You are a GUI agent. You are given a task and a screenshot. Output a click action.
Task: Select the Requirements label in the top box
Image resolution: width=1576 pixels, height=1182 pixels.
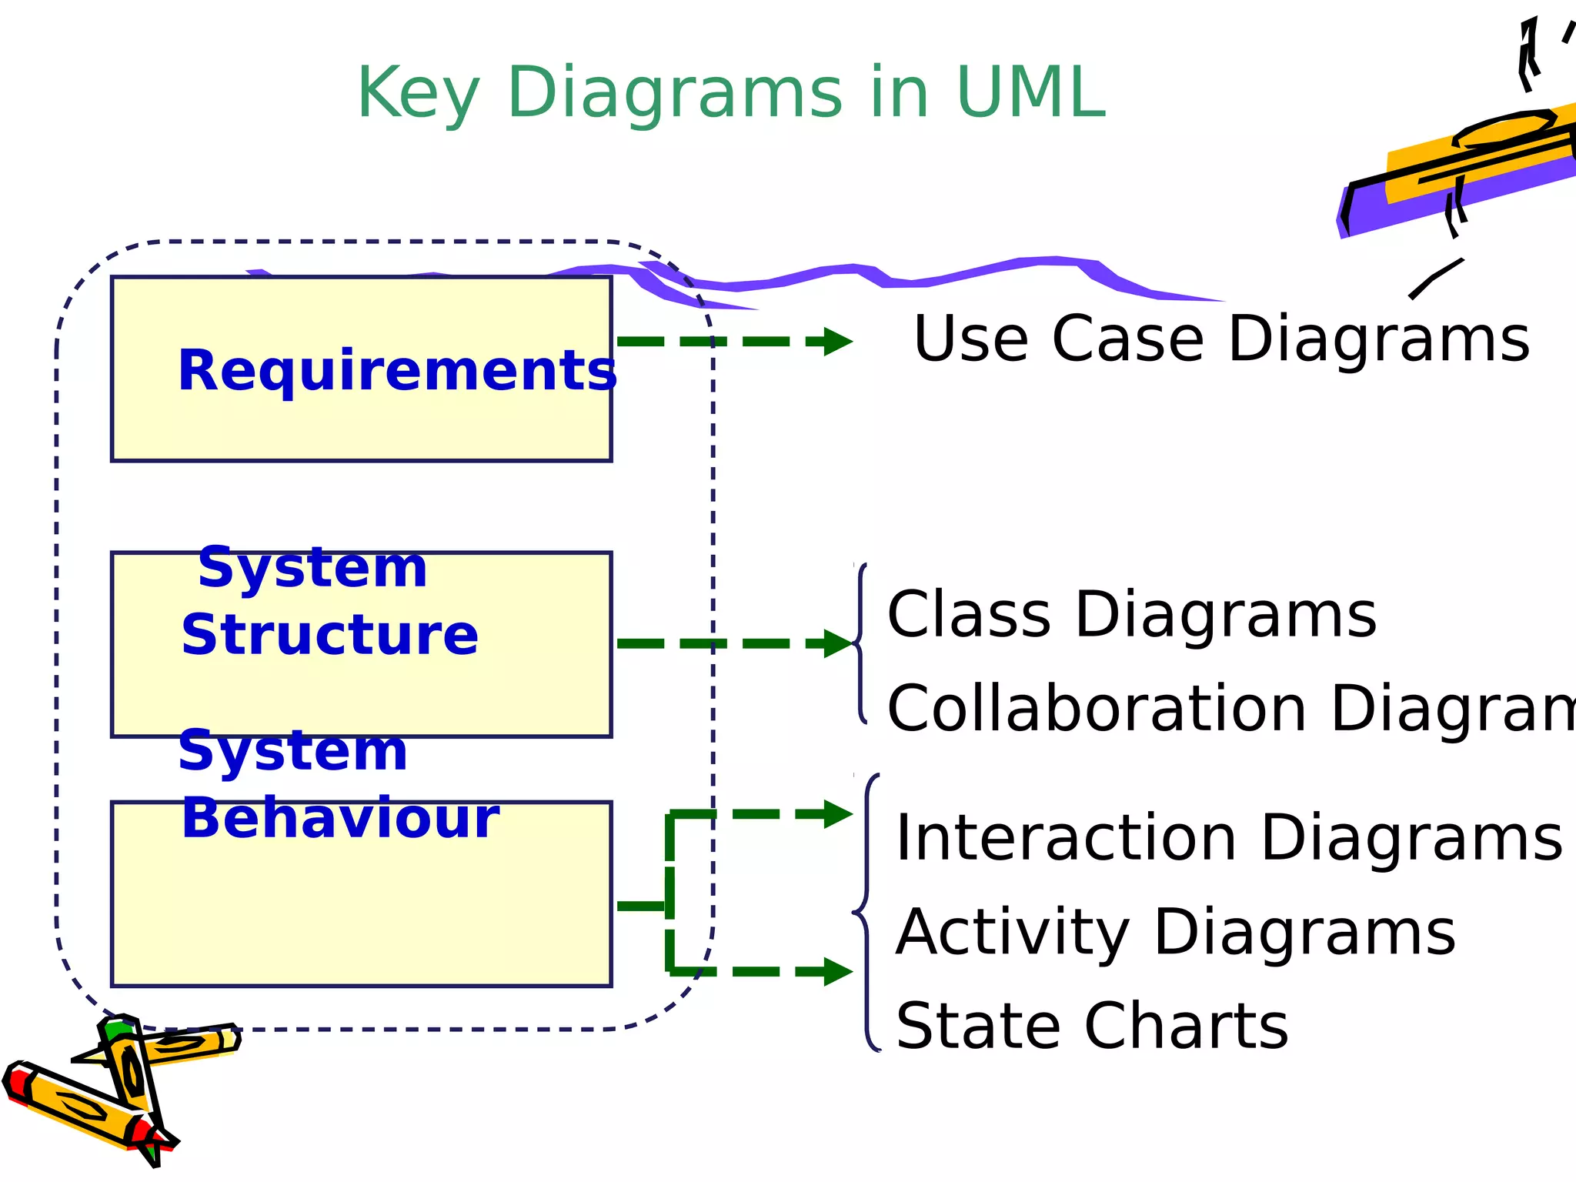pyautogui.click(x=397, y=371)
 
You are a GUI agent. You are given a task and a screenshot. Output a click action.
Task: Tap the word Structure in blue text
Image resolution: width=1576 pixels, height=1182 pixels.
pyautogui.click(x=329, y=636)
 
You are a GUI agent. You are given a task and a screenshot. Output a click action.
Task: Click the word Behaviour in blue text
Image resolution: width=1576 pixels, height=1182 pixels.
pyautogui.click(x=340, y=818)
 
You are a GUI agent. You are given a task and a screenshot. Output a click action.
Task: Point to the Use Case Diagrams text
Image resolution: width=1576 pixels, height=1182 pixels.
pyautogui.click(x=1221, y=339)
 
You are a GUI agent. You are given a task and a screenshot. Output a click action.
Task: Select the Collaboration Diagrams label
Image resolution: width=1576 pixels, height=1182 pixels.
pyautogui.click(x=1231, y=708)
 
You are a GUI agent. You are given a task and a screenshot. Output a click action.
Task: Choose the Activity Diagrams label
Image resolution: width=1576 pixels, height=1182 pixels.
pyautogui.click(x=1175, y=932)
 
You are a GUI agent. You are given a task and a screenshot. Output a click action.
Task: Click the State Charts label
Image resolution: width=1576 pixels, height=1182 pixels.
pyautogui.click(x=1092, y=1026)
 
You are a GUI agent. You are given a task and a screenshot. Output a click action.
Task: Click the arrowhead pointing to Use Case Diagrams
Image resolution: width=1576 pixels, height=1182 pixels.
pyautogui.click(x=837, y=341)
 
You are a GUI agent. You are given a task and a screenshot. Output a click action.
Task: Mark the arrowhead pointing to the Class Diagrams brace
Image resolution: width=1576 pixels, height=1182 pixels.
pyautogui.click(x=837, y=643)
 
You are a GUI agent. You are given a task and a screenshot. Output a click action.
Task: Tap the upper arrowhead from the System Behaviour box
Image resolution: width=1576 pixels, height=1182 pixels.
pyautogui.click(x=837, y=814)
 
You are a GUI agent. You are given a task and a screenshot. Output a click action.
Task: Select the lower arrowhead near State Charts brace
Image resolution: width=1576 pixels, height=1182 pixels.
pyautogui.click(x=837, y=972)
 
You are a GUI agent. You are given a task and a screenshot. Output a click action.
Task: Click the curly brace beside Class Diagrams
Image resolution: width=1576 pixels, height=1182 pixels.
pyautogui.click(x=860, y=643)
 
